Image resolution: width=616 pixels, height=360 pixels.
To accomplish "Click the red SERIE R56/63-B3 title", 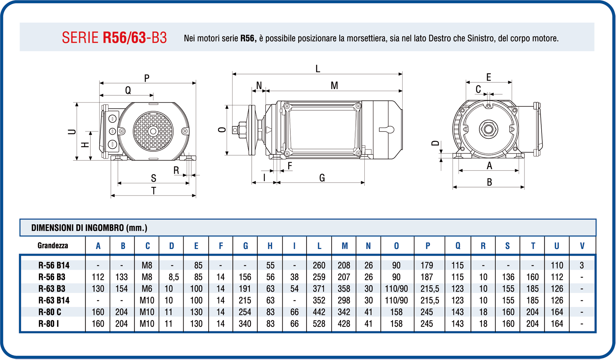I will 114,38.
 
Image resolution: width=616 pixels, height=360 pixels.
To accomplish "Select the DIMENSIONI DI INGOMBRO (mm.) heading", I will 89,228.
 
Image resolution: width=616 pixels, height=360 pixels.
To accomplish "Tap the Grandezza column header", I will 52,246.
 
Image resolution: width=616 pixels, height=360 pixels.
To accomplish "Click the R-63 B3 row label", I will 54,289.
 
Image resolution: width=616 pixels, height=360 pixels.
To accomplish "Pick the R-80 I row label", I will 48,324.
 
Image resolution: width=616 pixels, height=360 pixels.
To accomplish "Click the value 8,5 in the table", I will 173,277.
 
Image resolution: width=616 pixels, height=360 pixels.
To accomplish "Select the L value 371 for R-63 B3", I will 319,289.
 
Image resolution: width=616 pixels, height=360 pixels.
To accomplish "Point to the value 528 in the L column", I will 319,324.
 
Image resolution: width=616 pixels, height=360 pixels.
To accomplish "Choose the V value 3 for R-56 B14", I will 582,265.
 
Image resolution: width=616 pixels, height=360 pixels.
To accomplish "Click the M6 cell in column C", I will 147,289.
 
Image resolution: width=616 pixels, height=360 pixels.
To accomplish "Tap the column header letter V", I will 582,246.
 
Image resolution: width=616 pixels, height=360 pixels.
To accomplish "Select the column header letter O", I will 396,246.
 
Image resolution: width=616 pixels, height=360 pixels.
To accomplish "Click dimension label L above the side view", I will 318,69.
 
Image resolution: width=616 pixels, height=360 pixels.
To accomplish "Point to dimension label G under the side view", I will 322,178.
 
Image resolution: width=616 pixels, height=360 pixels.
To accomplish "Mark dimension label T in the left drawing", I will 154,191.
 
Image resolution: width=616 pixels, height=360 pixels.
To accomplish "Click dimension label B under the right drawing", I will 489,182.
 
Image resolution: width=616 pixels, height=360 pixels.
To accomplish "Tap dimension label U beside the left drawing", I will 72,131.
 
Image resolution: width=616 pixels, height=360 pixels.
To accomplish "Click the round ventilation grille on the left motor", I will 153,131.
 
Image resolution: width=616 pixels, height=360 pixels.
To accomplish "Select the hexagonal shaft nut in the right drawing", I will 488,129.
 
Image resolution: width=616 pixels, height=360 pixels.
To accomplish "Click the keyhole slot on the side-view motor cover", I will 387,130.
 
